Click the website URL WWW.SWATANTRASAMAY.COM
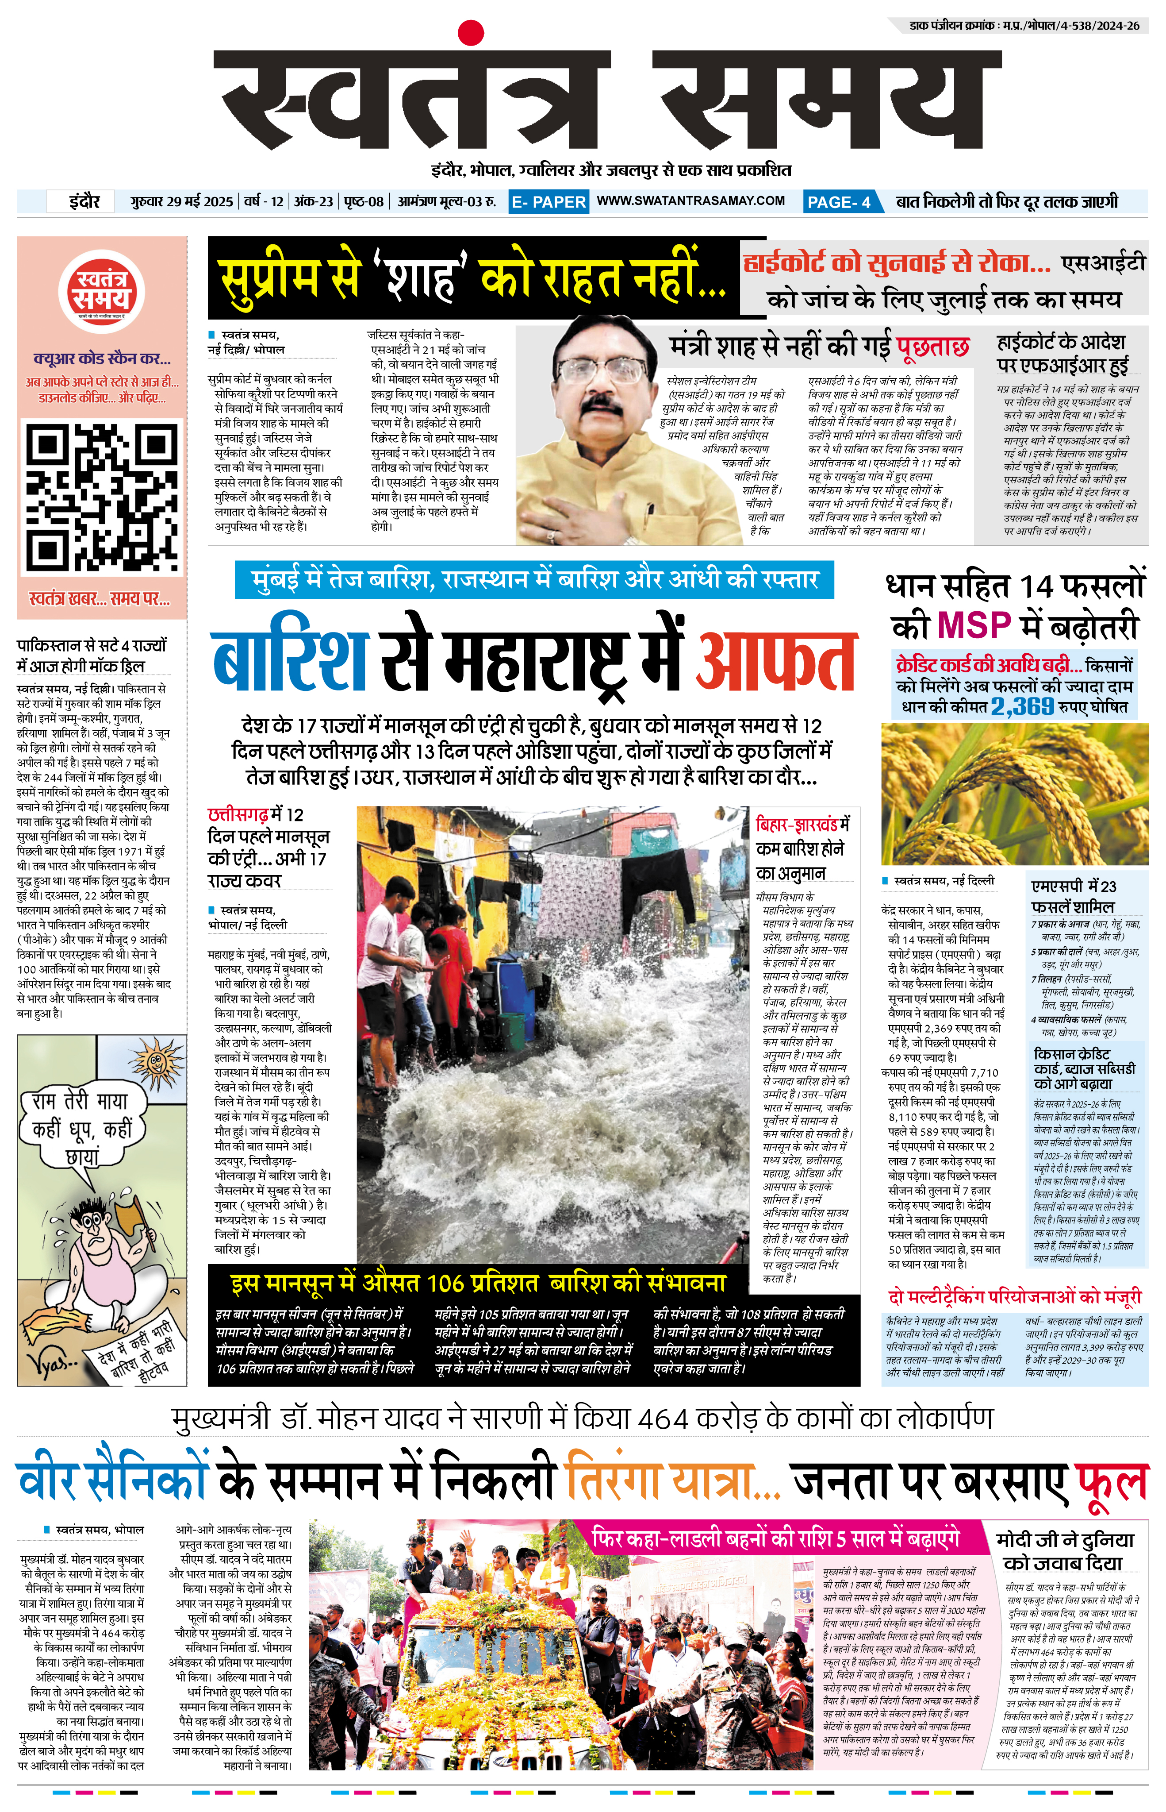tap(690, 201)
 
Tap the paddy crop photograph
tap(1015, 793)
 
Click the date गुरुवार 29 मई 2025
tap(182, 201)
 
